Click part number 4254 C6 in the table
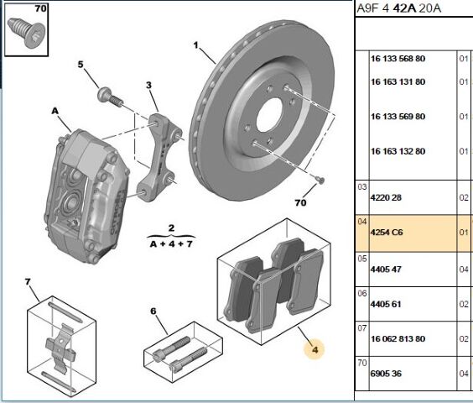click(x=387, y=233)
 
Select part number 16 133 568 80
click(x=398, y=59)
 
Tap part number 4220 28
click(x=386, y=197)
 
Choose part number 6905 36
click(x=386, y=374)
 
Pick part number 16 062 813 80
click(x=398, y=339)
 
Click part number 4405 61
click(x=386, y=304)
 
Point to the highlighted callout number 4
click(x=315, y=350)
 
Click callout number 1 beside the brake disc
click(x=196, y=45)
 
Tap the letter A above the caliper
click(x=55, y=111)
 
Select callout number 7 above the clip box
click(x=28, y=282)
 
